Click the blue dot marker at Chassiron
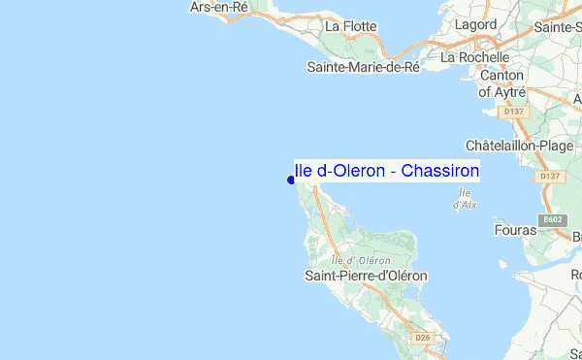(291, 179)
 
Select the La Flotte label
(351, 26)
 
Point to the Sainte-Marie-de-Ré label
(363, 67)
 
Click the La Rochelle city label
(483, 57)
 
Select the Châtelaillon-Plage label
(520, 145)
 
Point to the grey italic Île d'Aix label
(464, 199)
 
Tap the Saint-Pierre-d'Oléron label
(366, 276)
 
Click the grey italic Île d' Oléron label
(361, 259)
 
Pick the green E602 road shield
(553, 220)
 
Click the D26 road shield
(422, 337)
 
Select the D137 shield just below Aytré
(515, 112)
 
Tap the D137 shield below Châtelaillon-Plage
(550, 176)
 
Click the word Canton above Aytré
(501, 75)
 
